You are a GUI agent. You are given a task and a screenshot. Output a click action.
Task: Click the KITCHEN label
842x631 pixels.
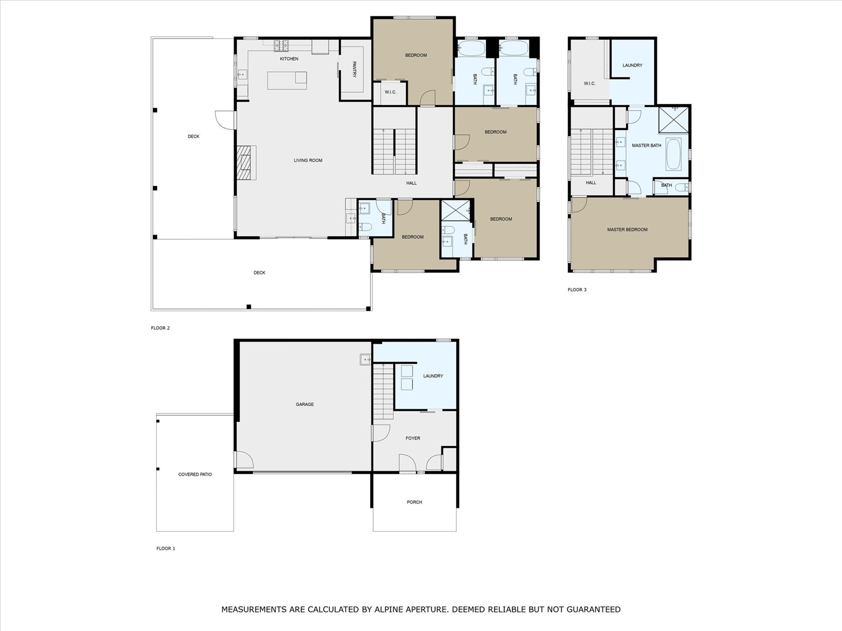click(289, 59)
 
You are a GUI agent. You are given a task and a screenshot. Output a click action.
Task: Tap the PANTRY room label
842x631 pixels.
click(354, 69)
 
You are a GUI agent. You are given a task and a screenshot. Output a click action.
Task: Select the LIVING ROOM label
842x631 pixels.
click(308, 161)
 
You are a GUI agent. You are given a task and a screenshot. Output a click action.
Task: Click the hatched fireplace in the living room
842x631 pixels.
click(243, 163)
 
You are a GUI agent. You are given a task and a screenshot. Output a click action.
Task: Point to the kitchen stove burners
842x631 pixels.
click(281, 46)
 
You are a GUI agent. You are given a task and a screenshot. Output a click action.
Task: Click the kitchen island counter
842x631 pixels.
click(287, 80)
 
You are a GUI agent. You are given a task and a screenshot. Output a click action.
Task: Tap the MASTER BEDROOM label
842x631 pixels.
click(627, 229)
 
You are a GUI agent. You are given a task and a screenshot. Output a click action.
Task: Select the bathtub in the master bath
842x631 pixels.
click(673, 154)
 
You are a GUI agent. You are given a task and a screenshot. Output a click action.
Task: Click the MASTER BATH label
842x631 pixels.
click(646, 145)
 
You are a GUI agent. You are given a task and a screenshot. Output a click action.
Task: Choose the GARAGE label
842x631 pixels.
click(305, 404)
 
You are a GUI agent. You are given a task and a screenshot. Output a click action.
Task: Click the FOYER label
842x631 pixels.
click(413, 438)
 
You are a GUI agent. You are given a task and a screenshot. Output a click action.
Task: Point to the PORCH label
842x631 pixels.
click(414, 502)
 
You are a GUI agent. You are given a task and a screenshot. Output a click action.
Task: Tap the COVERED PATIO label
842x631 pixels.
click(195, 475)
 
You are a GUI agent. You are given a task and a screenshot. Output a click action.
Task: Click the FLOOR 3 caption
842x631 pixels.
click(577, 289)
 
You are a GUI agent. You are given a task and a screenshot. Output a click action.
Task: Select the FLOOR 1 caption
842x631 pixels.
click(166, 548)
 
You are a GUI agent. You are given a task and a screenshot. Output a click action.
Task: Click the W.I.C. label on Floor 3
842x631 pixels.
click(589, 83)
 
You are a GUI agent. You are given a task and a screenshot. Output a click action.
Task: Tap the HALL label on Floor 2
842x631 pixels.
click(411, 183)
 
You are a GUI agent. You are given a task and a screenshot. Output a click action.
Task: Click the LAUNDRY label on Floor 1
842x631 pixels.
click(433, 376)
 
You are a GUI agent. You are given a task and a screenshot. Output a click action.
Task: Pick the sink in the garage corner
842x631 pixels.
click(365, 359)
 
